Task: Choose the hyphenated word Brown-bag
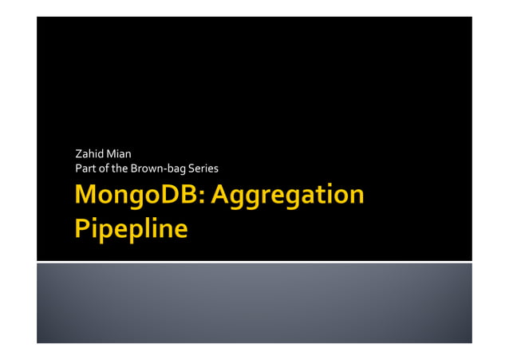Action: coord(157,168)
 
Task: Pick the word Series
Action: coord(203,168)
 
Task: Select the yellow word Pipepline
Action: coord(132,229)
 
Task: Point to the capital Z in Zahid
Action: coord(78,152)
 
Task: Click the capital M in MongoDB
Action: coord(87,196)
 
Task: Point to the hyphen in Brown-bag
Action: coord(164,169)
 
